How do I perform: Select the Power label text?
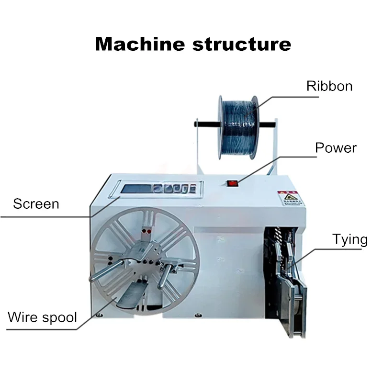click(336, 147)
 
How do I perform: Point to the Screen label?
click(36, 204)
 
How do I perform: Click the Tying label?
click(350, 239)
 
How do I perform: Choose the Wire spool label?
click(42, 317)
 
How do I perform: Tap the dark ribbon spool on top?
click(237, 126)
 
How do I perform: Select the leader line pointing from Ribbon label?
click(282, 96)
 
